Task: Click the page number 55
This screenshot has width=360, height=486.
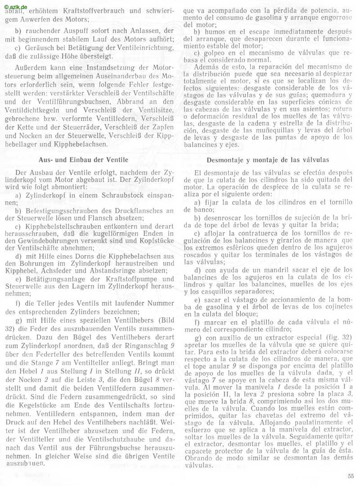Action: [351, 476]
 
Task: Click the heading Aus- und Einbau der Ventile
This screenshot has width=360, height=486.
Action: [84, 160]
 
